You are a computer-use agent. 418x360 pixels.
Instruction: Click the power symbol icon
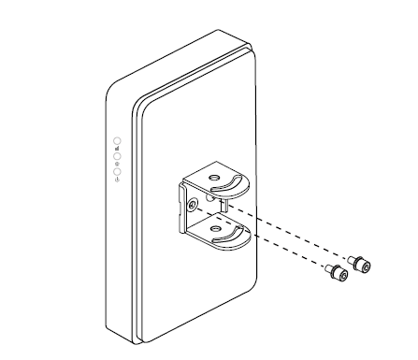116,180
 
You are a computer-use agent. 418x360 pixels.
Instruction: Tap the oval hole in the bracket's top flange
213,178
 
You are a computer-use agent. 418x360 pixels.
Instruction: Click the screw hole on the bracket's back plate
192,203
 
